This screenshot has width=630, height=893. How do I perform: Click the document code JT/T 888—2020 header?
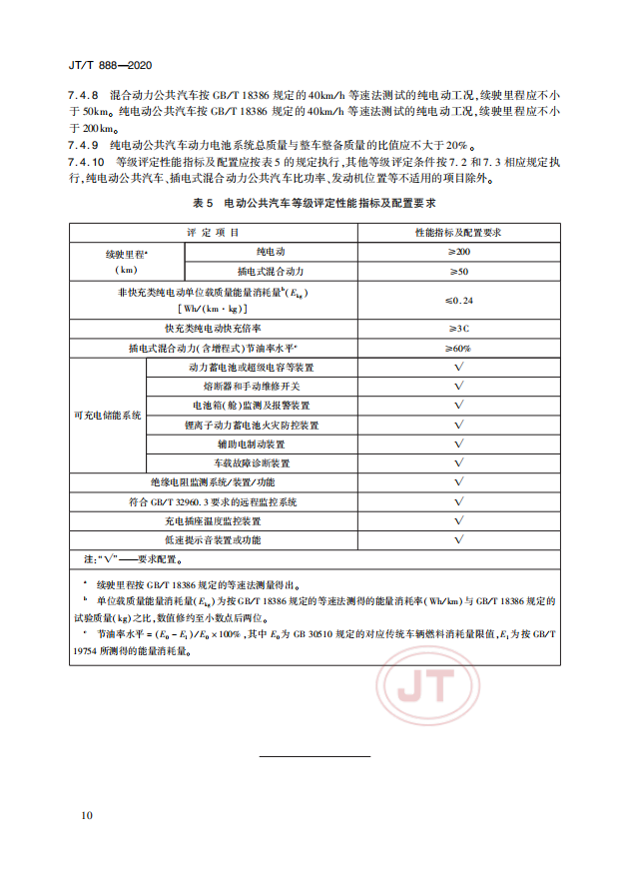click(110, 65)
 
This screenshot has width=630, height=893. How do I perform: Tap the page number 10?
click(88, 815)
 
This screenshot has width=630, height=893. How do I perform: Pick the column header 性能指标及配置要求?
click(458, 232)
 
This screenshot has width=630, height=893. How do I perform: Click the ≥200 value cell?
click(458, 252)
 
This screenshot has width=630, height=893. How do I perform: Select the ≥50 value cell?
click(458, 271)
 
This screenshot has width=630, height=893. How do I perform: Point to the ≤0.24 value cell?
click(458, 300)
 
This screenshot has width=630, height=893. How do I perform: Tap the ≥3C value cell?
click(458, 328)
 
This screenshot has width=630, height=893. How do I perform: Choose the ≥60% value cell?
click(458, 348)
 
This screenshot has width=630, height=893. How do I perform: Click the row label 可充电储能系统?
click(108, 415)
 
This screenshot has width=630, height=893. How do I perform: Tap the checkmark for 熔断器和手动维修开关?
click(458, 386)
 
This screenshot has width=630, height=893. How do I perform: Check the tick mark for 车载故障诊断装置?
click(458, 463)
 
